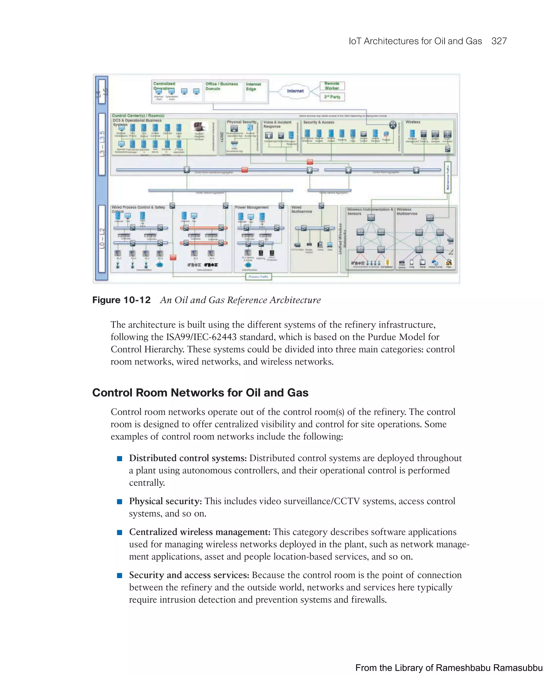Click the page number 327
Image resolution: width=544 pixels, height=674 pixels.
(x=499, y=41)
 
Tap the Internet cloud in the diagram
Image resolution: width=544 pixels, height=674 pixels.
(x=295, y=91)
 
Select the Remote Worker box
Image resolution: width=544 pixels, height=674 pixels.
(x=332, y=86)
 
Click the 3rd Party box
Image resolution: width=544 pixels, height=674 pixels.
(x=332, y=97)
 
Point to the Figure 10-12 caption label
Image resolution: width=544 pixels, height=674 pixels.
(x=121, y=300)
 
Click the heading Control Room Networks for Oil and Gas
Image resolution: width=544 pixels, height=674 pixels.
(x=200, y=393)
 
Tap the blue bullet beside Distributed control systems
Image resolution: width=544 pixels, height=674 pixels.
(x=119, y=459)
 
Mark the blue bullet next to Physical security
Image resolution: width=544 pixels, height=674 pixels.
(x=119, y=501)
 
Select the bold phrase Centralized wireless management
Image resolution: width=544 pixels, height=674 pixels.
(x=199, y=532)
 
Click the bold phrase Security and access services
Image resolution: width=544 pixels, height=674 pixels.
(x=189, y=575)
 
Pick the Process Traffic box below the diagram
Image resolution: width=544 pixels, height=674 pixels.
(x=258, y=277)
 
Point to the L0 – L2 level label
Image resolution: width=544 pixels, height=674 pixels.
(x=102, y=239)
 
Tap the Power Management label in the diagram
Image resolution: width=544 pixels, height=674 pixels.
(x=252, y=207)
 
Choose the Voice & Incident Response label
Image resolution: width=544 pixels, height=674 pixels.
(x=277, y=124)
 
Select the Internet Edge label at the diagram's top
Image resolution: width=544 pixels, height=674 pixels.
(x=253, y=87)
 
